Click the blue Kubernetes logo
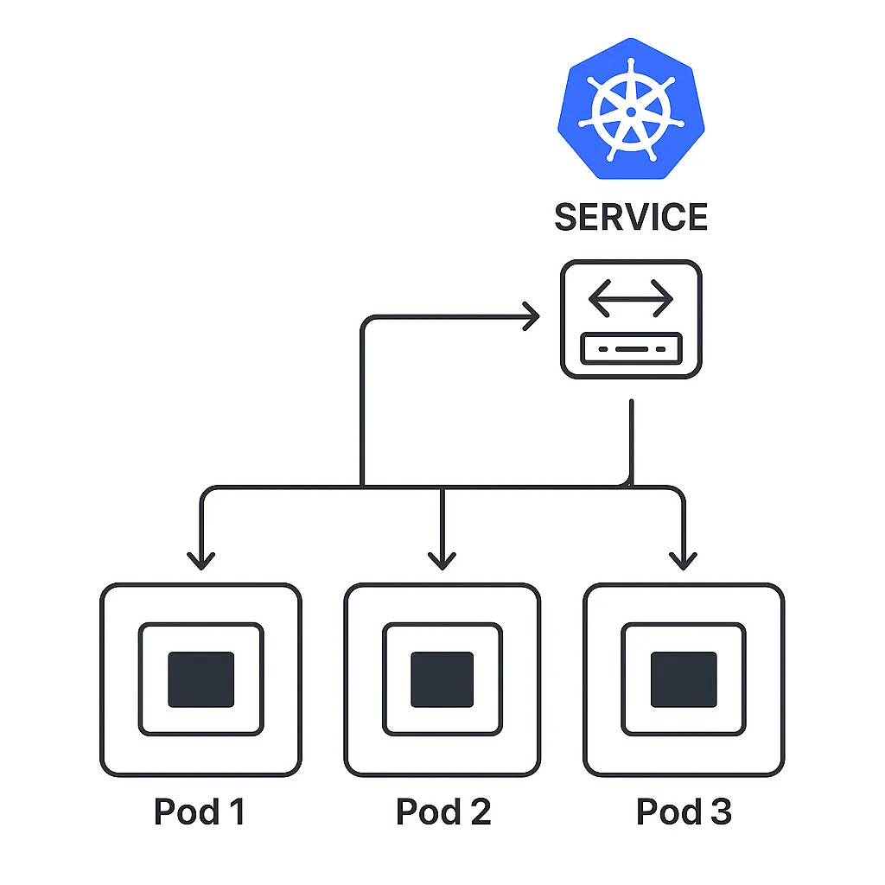click(631, 111)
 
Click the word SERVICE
click(631, 217)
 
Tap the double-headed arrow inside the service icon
click(631, 299)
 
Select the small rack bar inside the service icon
click(631, 348)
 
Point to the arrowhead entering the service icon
click(530, 317)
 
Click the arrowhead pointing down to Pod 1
click(201, 560)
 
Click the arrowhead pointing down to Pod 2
click(442, 560)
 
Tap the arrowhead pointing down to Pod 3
click(684, 560)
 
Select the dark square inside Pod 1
click(201, 679)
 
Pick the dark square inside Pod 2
click(442, 679)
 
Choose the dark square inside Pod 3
click(684, 679)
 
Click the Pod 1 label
click(199, 812)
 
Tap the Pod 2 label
click(442, 812)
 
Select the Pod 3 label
click(684, 812)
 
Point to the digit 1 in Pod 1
click(234, 812)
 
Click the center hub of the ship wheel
click(631, 111)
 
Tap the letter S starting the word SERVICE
click(567, 217)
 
